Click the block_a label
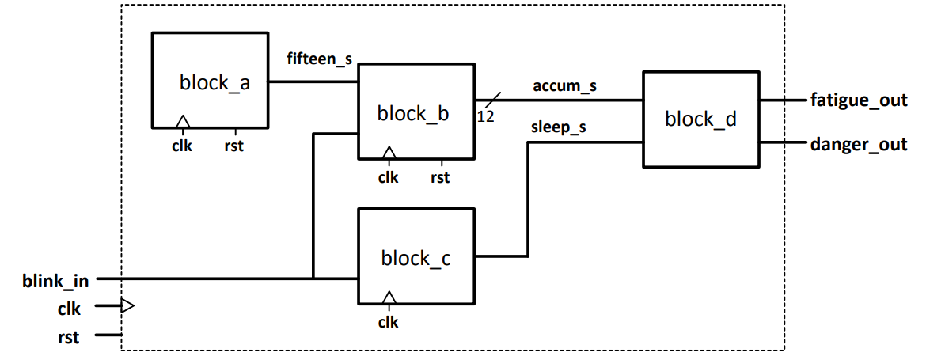(x=214, y=82)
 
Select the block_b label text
(x=413, y=114)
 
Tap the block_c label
(x=416, y=258)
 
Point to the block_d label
(x=700, y=119)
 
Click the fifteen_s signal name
(x=320, y=59)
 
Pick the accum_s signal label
(x=565, y=86)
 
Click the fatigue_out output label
(x=858, y=100)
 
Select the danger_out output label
(x=858, y=146)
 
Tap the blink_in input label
(x=55, y=279)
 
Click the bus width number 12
(x=485, y=117)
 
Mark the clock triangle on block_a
(x=183, y=121)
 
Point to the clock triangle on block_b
(x=388, y=152)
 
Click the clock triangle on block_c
(x=388, y=297)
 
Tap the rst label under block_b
(x=440, y=177)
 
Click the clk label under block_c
(x=388, y=322)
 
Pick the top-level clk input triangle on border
(x=127, y=306)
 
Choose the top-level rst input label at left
(x=68, y=337)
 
